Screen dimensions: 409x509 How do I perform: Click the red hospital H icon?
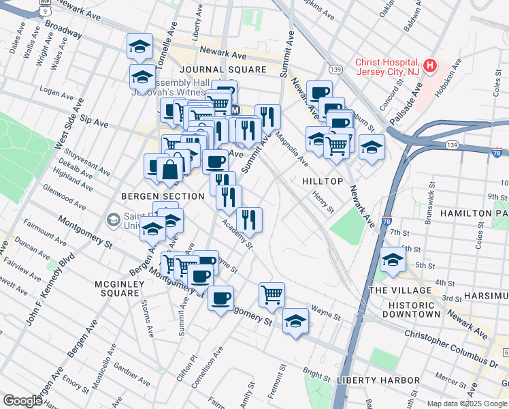pos(429,65)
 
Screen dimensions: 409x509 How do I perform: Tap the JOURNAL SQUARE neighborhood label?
pos(223,70)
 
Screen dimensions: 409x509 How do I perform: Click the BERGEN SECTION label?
pos(163,196)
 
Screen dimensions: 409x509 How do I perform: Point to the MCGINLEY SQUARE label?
pos(110,293)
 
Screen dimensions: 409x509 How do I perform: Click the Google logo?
pos(22,401)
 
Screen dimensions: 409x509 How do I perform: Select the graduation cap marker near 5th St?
pos(393,260)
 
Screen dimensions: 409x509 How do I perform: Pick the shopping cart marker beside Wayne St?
pos(272,294)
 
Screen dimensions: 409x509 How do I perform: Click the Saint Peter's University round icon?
pos(113,219)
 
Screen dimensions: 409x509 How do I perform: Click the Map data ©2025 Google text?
pos(467,403)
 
